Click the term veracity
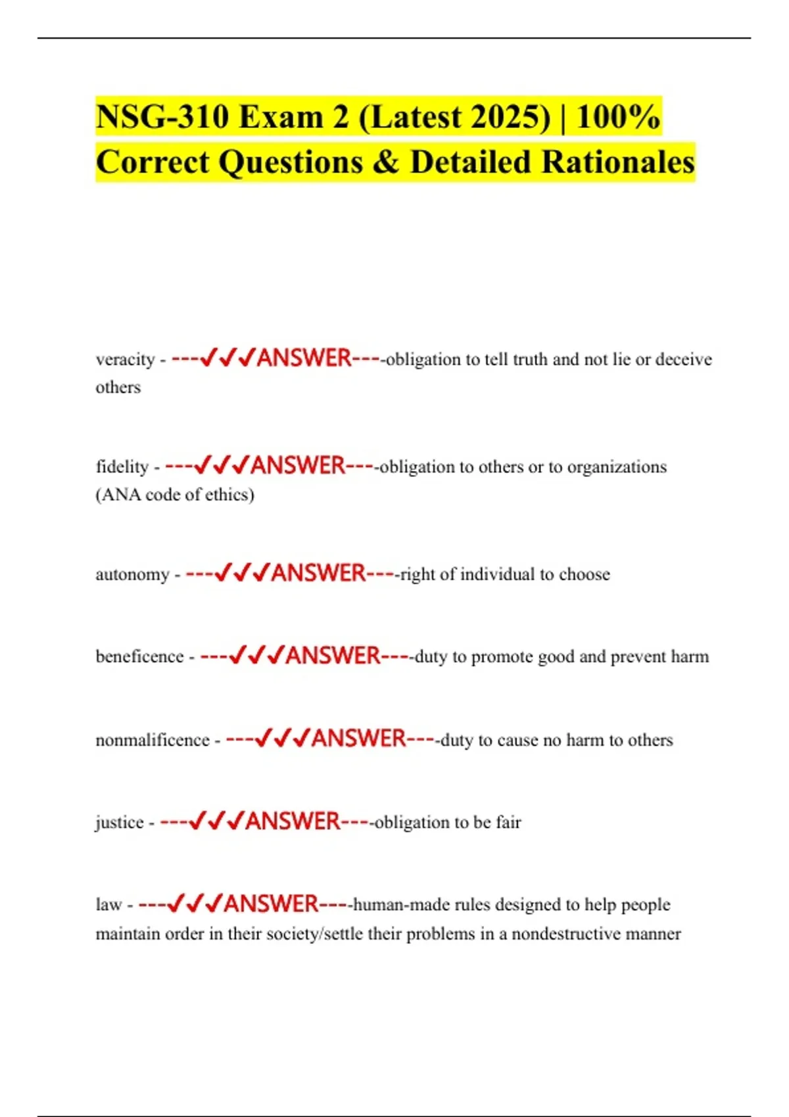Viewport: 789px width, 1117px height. click(125, 360)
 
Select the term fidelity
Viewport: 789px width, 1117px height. click(122, 467)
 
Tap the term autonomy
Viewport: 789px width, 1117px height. click(132, 574)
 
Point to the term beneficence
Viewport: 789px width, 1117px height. click(139, 656)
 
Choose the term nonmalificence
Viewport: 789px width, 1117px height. click(152, 740)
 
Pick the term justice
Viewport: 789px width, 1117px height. click(119, 822)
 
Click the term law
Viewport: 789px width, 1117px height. click(108, 905)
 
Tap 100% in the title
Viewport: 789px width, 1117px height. click(618, 117)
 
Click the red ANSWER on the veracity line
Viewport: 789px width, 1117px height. click(304, 359)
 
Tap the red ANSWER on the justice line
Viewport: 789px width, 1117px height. click(293, 821)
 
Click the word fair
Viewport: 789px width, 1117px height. click(508, 822)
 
